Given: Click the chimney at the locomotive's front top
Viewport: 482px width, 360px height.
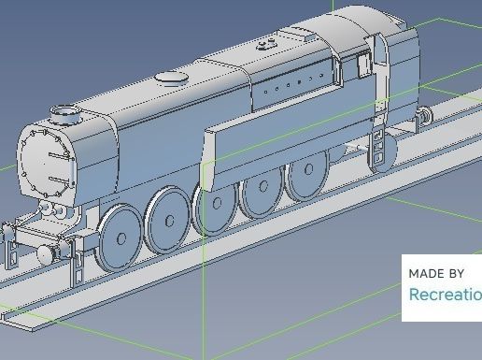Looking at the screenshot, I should point(65,114).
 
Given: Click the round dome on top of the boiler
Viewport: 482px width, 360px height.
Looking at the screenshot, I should point(168,78).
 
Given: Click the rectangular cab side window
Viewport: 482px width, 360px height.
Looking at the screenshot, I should point(365,65).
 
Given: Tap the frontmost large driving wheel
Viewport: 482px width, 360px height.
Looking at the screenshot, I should point(120,238).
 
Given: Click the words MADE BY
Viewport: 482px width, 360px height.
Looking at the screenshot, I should point(436,274).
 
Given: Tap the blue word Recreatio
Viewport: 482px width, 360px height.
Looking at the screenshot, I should point(445,295).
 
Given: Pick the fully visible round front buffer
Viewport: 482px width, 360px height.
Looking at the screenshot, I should point(44,255).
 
